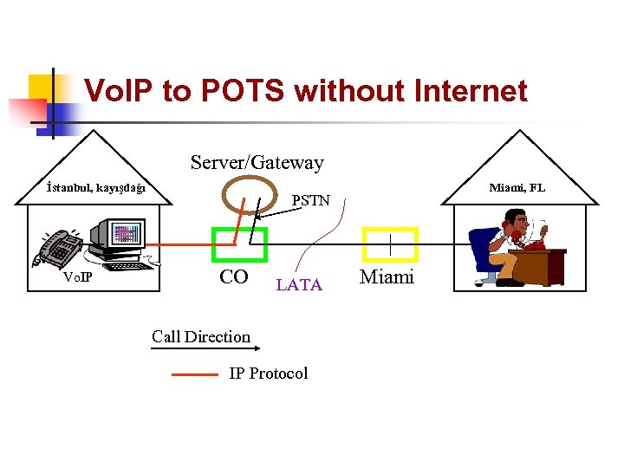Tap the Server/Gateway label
(257, 162)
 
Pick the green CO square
(240, 244)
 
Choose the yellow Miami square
(390, 244)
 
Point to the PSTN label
(311, 200)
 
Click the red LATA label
(299, 284)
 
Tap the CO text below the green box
(234, 277)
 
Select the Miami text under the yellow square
(387, 277)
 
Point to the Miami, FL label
(517, 187)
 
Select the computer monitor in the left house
(121, 236)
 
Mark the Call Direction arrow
(205, 348)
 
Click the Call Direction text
(201, 336)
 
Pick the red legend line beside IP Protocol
(195, 375)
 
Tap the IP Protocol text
(268, 374)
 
